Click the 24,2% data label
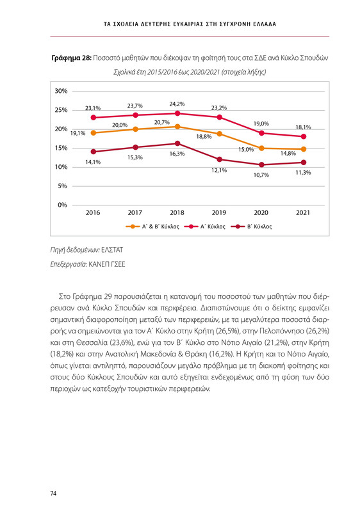pyautogui.click(x=177, y=103)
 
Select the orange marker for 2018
pyautogui.click(x=177, y=127)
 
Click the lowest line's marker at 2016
pyautogui.click(x=94, y=152)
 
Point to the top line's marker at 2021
pyautogui.click(x=303, y=137)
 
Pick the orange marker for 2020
pyautogui.click(x=261, y=148)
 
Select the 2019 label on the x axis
pyautogui.click(x=219, y=212)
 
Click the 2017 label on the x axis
pyautogui.click(x=135, y=212)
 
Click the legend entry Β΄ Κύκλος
pyautogui.click(x=255, y=227)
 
